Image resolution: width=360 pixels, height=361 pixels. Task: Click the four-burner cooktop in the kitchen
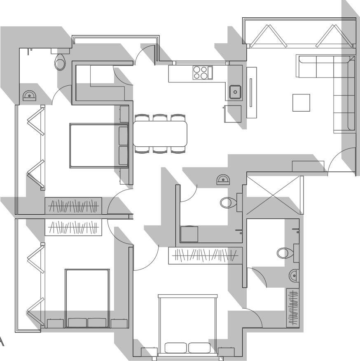click(200, 73)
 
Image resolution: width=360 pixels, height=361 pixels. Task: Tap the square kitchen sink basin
click(235, 91)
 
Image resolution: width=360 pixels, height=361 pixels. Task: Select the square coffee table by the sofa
click(301, 103)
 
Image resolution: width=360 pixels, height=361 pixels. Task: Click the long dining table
click(160, 134)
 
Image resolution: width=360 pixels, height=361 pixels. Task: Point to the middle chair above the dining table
click(160, 117)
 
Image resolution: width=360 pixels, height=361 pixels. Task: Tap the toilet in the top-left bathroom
click(60, 62)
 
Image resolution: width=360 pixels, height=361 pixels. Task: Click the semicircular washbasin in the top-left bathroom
click(30, 96)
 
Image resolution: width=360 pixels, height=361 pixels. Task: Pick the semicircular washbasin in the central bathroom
click(224, 179)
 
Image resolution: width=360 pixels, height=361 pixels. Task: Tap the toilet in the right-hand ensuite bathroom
click(284, 252)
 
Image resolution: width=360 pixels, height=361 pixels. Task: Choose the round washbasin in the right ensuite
click(294, 275)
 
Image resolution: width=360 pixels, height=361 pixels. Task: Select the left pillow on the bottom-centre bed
click(176, 347)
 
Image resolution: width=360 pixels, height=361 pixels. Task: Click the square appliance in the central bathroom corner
click(190, 234)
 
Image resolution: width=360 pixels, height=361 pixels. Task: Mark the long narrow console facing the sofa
click(251, 92)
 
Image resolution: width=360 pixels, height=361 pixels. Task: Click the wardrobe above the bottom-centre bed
click(204, 256)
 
